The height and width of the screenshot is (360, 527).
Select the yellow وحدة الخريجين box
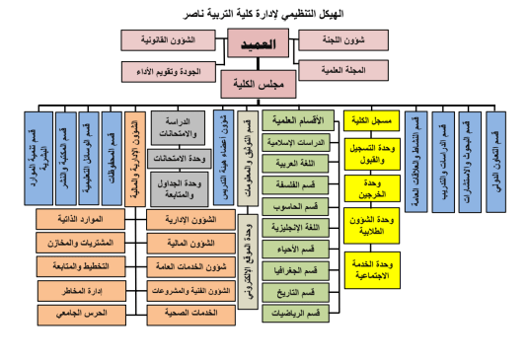(x=372, y=189)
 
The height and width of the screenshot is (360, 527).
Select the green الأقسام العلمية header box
(x=302, y=120)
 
